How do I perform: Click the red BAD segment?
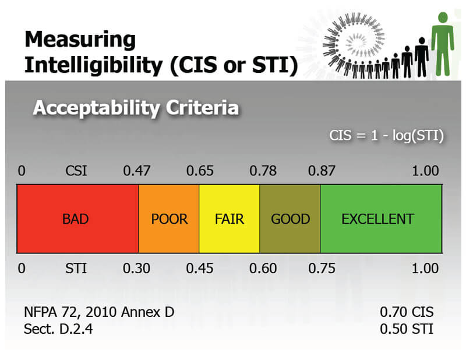77,219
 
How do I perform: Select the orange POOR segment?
169,219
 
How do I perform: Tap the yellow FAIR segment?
230,219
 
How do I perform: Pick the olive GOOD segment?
290,219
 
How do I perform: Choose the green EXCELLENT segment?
380,219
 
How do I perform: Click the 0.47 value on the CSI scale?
137,171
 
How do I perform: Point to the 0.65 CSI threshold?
200,171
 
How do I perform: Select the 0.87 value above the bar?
322,171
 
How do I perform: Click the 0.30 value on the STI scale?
137,269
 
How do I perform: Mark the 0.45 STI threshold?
200,269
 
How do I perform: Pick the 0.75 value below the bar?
322,269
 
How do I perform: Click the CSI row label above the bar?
77,171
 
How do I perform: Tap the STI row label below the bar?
77,269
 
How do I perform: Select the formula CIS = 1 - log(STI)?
387,136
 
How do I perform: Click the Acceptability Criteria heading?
136,108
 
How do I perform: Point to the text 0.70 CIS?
407,312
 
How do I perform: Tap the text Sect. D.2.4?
58,329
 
